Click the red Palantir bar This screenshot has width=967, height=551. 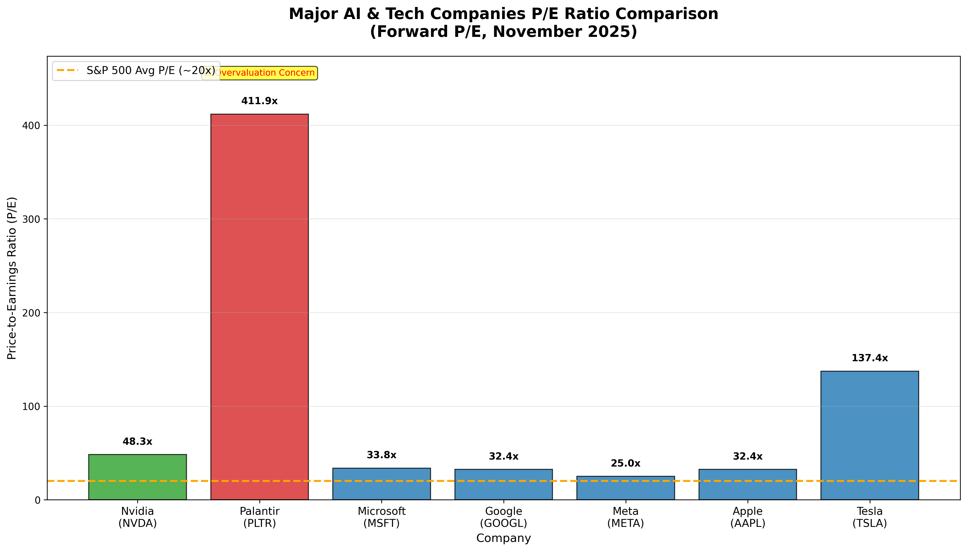coord(259,306)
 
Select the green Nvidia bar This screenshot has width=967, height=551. coord(137,477)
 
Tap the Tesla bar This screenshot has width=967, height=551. coord(870,435)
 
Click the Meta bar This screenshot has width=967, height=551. coord(626,488)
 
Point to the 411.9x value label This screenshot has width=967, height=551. coord(259,101)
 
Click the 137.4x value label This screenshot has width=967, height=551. coord(870,358)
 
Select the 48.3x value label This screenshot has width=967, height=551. coord(137,442)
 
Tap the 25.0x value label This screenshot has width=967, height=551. coord(626,463)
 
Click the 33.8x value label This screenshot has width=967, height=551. coord(381,455)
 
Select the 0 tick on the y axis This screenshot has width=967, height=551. coord(37,500)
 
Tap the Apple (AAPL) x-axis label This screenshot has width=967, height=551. coord(748,517)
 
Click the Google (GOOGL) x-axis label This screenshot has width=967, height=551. coord(503,517)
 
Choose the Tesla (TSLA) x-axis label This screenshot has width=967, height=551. coord(870,517)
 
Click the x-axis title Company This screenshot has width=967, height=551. coord(503,538)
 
